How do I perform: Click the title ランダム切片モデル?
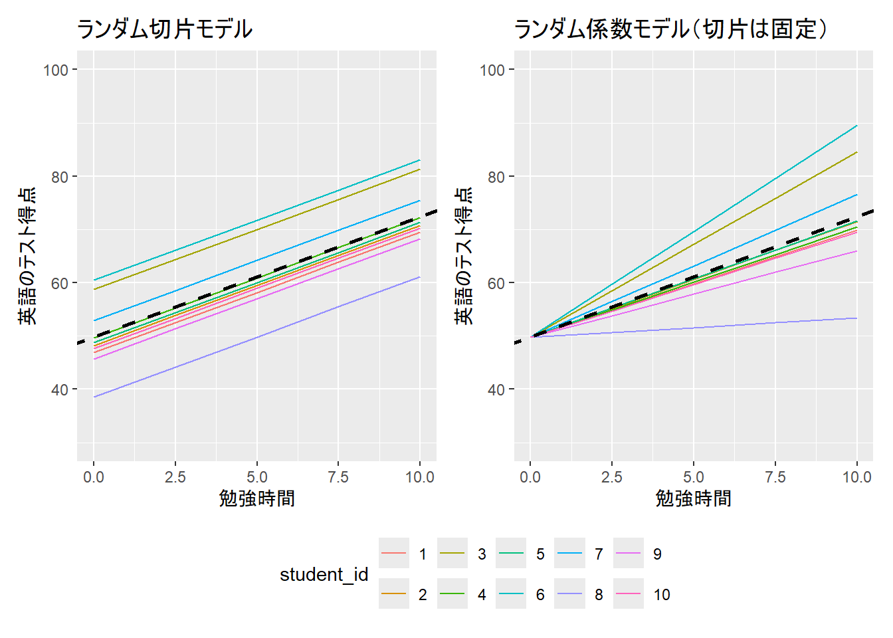pos(164,29)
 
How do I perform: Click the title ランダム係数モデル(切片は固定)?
pos(670,29)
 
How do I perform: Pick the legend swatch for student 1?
pos(394,554)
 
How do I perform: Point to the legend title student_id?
pos(324,574)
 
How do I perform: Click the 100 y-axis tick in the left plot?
pos(56,70)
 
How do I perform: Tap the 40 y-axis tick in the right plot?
pos(493,389)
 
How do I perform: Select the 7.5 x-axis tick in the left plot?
pos(338,477)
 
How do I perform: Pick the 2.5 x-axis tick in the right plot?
pos(612,477)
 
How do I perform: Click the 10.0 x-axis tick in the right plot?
pos(856,477)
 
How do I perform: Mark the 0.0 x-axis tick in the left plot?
pos(94,477)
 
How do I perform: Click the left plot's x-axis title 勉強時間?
pos(256,498)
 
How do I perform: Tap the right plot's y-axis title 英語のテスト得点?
pos(464,256)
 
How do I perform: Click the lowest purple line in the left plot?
pos(256,338)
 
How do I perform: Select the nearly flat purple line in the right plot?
pos(694,328)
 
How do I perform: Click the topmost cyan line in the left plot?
pos(256,220)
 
